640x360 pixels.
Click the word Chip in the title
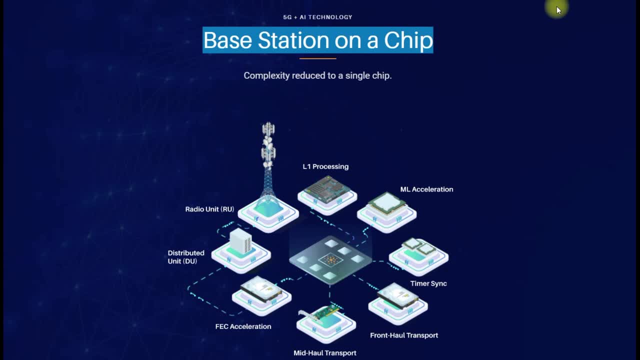[x=408, y=40]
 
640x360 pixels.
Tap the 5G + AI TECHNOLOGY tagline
[x=317, y=17]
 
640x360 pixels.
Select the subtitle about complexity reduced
[x=317, y=75]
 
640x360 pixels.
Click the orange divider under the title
[x=317, y=58]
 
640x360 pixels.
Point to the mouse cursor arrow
[x=559, y=10]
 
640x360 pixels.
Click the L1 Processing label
[x=325, y=166]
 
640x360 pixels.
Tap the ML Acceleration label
[x=426, y=189]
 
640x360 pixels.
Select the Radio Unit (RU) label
[x=209, y=209]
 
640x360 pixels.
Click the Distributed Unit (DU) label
[x=186, y=257]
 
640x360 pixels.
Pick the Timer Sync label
[x=428, y=283]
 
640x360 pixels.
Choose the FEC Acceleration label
[x=243, y=326]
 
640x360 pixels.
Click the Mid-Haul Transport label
[x=325, y=353]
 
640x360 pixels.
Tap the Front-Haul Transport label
[x=404, y=335]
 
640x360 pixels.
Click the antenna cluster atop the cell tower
[x=268, y=144]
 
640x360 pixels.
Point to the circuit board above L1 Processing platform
[x=327, y=189]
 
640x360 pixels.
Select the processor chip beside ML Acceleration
[x=387, y=203]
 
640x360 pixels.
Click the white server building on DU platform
[x=241, y=241]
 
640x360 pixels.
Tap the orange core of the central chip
[x=331, y=259]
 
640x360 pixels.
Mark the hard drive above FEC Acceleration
[x=261, y=289]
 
